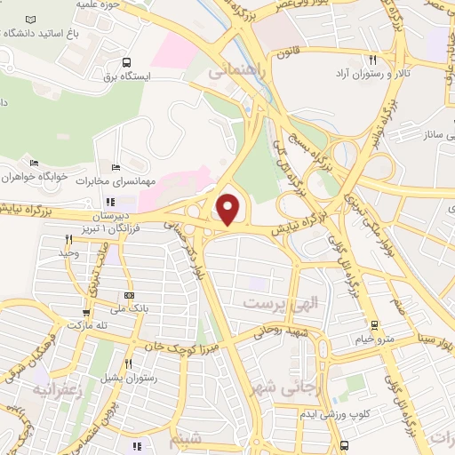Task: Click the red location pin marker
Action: (229, 208)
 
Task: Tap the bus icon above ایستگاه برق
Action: (128, 63)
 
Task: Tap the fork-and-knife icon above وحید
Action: (68, 239)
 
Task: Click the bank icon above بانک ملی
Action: (131, 296)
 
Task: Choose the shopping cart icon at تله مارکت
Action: (86, 313)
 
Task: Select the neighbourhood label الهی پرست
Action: (274, 303)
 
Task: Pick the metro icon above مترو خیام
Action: (375, 324)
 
